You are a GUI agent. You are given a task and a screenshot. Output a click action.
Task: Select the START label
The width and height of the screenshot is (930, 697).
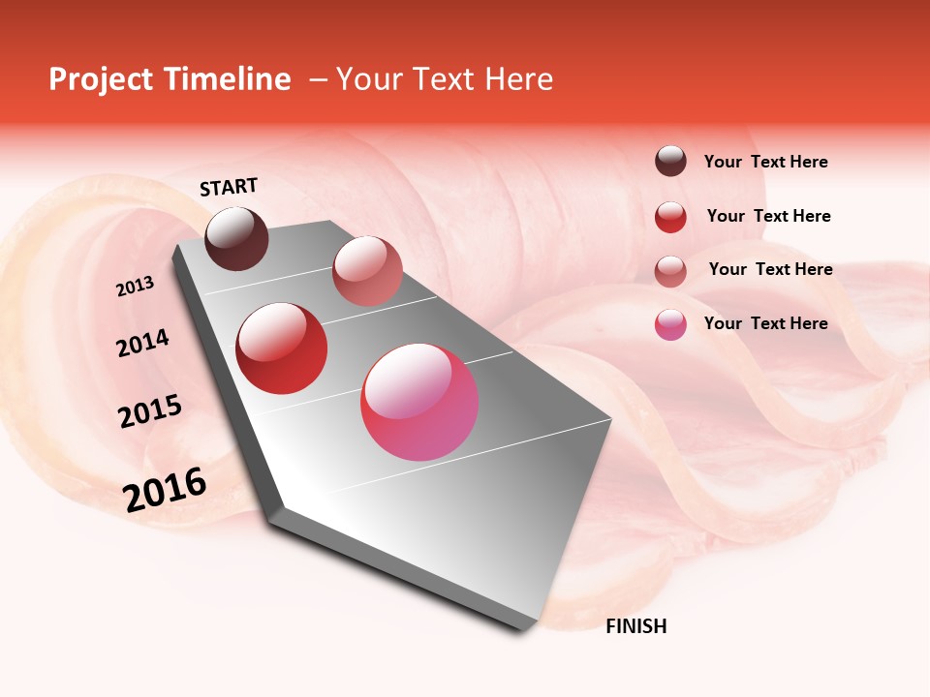pos(229,187)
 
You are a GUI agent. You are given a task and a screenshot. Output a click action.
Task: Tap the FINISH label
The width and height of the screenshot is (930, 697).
pos(635,626)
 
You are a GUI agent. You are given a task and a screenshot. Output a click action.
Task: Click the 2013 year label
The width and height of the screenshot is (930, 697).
pos(135,287)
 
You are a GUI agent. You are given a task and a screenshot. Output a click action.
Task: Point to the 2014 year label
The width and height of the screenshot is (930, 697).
pos(142,343)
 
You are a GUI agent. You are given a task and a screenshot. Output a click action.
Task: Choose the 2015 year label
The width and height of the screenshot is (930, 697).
pos(150,411)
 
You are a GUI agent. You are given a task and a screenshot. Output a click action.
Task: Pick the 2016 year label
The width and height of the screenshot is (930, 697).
pos(165,489)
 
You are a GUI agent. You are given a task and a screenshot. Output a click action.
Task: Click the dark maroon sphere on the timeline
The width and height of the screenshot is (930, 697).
pos(237,238)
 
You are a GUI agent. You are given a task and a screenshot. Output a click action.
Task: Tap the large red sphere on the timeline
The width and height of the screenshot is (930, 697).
pos(282,348)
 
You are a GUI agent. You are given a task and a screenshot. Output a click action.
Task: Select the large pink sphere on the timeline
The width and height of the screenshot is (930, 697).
pos(419,402)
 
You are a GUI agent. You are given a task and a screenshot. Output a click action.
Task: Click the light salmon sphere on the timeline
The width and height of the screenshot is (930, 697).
pos(367,271)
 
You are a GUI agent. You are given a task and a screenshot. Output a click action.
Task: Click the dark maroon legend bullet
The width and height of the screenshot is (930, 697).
pos(670,161)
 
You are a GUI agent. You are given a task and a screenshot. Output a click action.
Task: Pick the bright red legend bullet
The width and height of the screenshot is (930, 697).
pos(670,217)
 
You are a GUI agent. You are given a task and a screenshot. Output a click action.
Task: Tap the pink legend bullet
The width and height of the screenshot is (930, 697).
pos(670,324)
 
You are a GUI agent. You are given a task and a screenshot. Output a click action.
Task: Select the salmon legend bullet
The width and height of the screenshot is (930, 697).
pos(670,271)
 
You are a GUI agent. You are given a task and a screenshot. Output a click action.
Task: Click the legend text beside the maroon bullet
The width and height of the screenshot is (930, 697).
pos(765,162)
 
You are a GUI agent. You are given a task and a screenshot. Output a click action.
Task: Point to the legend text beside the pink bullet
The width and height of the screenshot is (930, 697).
pos(765,323)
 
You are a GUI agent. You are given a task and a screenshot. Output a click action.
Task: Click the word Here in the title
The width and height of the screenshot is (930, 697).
pos(518,79)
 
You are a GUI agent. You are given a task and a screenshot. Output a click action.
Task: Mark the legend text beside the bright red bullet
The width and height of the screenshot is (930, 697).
pos(768,216)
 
